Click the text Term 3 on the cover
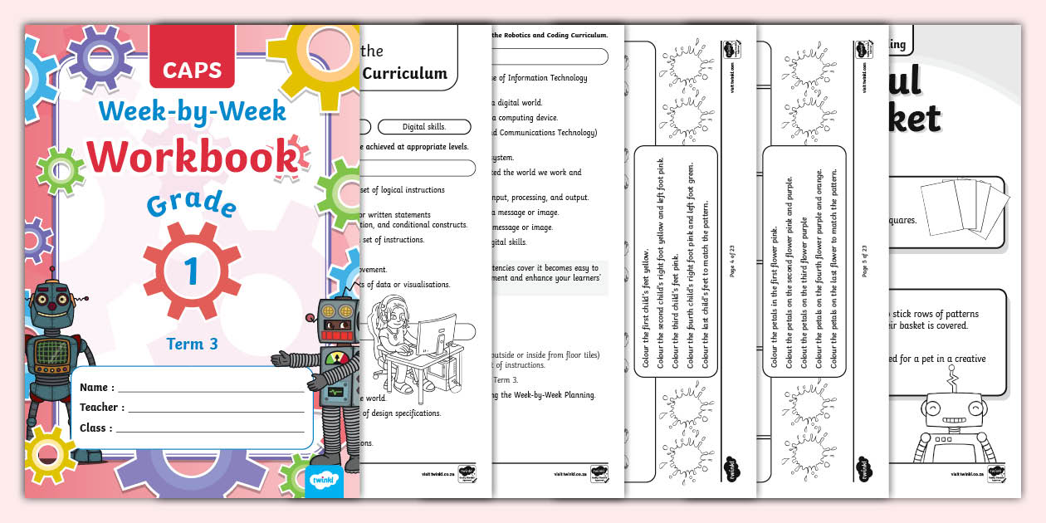(192, 343)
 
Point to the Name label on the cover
(97, 387)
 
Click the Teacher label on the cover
(102, 408)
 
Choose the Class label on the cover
(96, 428)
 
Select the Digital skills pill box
(423, 127)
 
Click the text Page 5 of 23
(865, 259)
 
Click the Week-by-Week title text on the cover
(193, 111)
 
